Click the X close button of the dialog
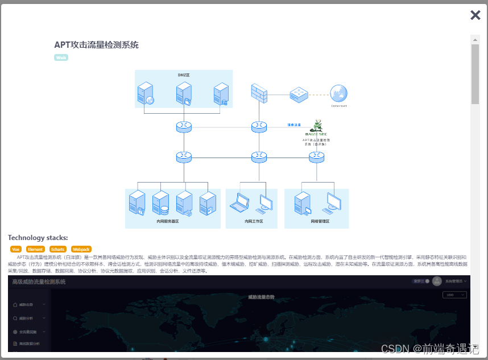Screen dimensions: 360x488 (x=475, y=15)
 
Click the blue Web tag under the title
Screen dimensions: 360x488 (x=61, y=57)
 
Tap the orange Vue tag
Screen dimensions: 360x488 (x=16, y=249)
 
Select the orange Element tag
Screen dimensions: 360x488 (x=35, y=249)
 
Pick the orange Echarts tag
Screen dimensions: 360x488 (x=57, y=249)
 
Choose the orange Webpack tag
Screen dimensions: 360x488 (x=81, y=249)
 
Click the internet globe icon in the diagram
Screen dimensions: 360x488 (x=339, y=94)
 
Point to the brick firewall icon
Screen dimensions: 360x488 (x=259, y=93)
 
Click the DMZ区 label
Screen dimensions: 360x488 (x=184, y=75)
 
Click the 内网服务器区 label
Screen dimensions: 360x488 (x=167, y=221)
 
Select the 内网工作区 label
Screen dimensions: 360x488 (x=254, y=221)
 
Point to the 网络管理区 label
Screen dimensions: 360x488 (x=320, y=221)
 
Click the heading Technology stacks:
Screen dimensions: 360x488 (x=38, y=238)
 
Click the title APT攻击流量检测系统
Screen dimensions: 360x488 (x=96, y=45)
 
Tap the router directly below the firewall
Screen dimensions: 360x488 (x=259, y=126)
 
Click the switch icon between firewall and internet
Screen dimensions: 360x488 (x=299, y=94)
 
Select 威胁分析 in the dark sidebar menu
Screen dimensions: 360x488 (x=26, y=318)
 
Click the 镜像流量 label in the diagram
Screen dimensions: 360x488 (x=294, y=124)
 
